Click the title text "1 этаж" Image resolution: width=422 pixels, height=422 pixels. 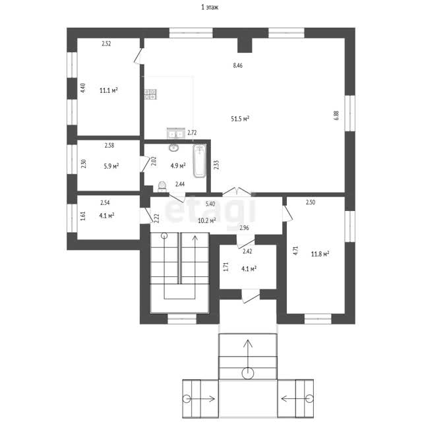[210, 7]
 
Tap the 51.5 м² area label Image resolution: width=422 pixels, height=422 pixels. [240, 119]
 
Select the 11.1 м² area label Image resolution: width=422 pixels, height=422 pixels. [109, 90]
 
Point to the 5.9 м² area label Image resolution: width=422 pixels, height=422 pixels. [111, 166]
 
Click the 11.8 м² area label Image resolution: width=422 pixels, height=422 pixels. [320, 254]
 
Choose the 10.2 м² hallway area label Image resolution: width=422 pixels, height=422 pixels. [207, 221]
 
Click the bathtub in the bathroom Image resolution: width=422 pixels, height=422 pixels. [199, 161]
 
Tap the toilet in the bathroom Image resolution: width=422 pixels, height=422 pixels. [162, 187]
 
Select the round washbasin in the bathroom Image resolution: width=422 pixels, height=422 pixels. [173, 147]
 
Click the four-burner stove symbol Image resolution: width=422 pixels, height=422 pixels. [150, 94]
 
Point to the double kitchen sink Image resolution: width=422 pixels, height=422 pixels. [176, 133]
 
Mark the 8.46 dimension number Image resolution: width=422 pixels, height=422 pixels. [237, 65]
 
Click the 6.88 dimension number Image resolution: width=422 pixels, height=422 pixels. [336, 115]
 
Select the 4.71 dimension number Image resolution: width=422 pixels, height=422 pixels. [296, 251]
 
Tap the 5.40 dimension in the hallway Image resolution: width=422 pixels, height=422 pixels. [210, 204]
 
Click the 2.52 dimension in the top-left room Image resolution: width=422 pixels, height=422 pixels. [106, 44]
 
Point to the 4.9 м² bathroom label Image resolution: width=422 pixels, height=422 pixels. [178, 166]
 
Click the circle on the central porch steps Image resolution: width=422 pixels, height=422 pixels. [248, 373]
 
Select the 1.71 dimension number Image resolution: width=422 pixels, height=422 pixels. [226, 266]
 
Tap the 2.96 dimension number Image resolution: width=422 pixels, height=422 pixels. [244, 228]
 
